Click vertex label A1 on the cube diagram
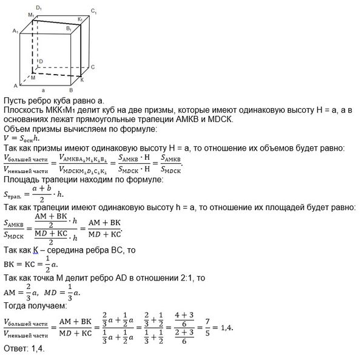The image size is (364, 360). pyautogui.click(x=15, y=30)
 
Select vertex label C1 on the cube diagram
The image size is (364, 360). pyautogui.click(x=93, y=11)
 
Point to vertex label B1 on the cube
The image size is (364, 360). pyautogui.click(x=70, y=29)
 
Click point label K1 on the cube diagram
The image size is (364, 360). pyautogui.click(x=81, y=21)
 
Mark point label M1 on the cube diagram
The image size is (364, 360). pyautogui.click(x=31, y=15)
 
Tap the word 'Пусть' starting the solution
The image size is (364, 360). pyautogui.click(x=16, y=100)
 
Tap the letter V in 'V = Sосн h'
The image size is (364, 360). pyautogui.click(x=6, y=138)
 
